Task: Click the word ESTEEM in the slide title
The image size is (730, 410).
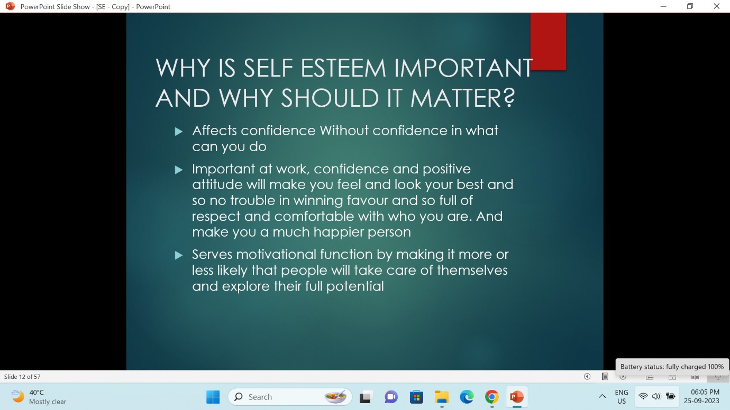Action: pyautogui.click(x=343, y=68)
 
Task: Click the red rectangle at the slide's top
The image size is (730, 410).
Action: pyautogui.click(x=548, y=41)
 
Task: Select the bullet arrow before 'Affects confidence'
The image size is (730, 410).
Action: pyautogui.click(x=179, y=132)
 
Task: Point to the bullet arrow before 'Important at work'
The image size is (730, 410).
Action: pyautogui.click(x=179, y=170)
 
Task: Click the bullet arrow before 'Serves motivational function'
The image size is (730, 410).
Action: pyautogui.click(x=179, y=255)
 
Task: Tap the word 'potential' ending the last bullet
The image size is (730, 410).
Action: pyautogui.click(x=355, y=287)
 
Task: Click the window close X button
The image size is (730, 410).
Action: pyautogui.click(x=717, y=6)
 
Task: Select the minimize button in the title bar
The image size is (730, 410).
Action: pyautogui.click(x=663, y=6)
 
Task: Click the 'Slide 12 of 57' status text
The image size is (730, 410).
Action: pyautogui.click(x=22, y=377)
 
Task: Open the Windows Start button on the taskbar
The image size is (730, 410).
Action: pyautogui.click(x=213, y=397)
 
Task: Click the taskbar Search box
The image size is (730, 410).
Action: pyautogui.click(x=290, y=397)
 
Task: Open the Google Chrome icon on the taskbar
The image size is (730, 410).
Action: pyautogui.click(x=491, y=397)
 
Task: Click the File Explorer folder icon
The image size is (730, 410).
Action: pyautogui.click(x=442, y=397)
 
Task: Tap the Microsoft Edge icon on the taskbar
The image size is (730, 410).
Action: pyautogui.click(x=467, y=397)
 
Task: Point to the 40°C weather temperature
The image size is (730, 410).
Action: pyautogui.click(x=36, y=393)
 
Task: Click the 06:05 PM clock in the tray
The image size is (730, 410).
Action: pyautogui.click(x=705, y=392)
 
